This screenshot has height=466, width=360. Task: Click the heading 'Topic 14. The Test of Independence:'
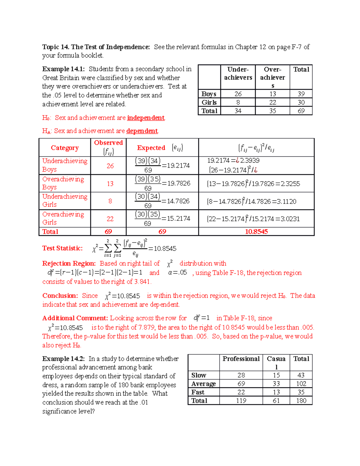[x=96, y=47]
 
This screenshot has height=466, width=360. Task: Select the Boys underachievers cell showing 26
[x=238, y=94]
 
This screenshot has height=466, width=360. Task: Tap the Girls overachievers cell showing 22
[x=272, y=102]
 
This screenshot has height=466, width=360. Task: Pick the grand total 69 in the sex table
[x=301, y=111]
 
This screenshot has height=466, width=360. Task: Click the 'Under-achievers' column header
[x=238, y=74]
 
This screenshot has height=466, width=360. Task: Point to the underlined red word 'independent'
[x=146, y=118]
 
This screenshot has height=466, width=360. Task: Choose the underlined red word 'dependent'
[x=142, y=131]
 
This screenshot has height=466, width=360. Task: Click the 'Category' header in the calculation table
[x=65, y=148]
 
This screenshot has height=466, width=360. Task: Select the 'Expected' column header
[x=151, y=148]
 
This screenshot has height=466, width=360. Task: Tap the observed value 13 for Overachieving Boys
[x=110, y=184]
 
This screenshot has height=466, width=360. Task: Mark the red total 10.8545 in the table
[x=256, y=232]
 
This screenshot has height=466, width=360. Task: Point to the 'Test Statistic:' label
[x=62, y=248]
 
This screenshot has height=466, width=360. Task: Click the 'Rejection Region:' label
[x=69, y=263]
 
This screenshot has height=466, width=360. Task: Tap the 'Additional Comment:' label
[x=75, y=318]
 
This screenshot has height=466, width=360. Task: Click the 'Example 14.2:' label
[x=63, y=359]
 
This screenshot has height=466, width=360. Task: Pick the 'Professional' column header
[x=241, y=359]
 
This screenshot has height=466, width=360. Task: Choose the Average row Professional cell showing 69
[x=241, y=384]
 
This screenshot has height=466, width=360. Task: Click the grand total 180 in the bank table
[x=301, y=401]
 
